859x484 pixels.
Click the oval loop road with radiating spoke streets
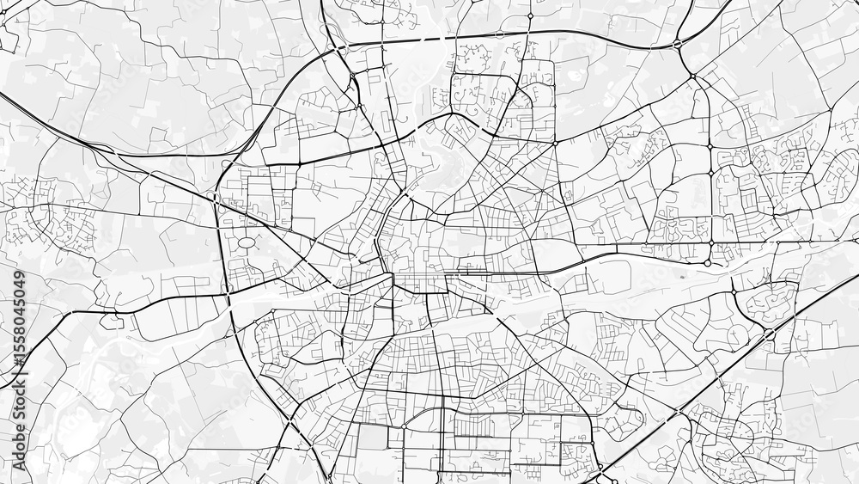(246, 243)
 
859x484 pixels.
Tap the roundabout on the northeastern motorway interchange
(679, 41)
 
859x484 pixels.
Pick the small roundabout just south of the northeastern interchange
(693, 77)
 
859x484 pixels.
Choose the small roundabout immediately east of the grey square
(403, 425)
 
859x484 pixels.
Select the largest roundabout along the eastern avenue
(710, 262)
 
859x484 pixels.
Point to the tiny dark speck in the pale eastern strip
(680, 278)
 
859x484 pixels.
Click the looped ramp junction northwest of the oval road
(215, 197)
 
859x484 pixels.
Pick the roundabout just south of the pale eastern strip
(734, 292)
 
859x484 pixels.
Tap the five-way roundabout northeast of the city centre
(556, 142)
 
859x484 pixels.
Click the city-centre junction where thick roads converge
(393, 275)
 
